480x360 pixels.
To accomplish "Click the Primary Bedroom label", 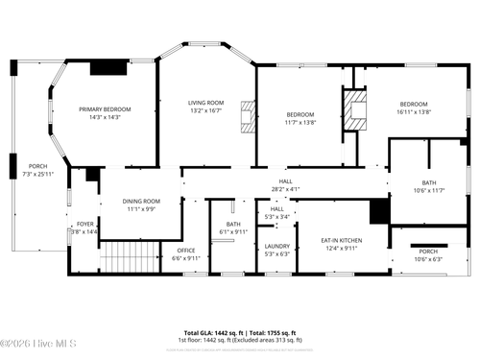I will [105, 109].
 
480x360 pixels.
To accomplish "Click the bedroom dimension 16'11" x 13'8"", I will [414, 111].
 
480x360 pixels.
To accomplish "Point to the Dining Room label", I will [141, 201].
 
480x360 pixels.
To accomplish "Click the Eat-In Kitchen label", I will [341, 240].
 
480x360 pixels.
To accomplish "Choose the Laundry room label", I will [277, 247].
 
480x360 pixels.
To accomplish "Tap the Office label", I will [185, 251].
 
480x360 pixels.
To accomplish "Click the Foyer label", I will [85, 224].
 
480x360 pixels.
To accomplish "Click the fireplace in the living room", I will [249, 115].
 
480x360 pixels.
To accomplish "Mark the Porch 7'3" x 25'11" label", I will [37, 170].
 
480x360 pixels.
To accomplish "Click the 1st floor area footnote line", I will [240, 340].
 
